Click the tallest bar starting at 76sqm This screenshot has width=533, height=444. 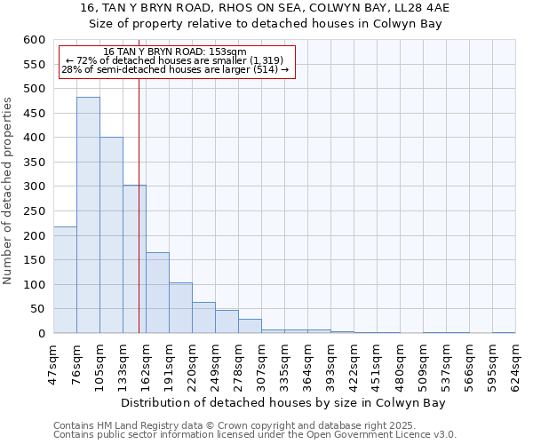(88, 215)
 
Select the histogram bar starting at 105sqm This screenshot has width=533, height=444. (111, 235)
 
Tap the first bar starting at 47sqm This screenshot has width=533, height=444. (65, 280)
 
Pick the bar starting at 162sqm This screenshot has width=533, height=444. (157, 293)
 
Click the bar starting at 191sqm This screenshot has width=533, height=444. (180, 308)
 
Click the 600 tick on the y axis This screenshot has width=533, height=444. (33, 40)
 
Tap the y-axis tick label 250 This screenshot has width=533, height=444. (33, 211)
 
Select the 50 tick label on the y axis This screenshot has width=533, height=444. (36, 309)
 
